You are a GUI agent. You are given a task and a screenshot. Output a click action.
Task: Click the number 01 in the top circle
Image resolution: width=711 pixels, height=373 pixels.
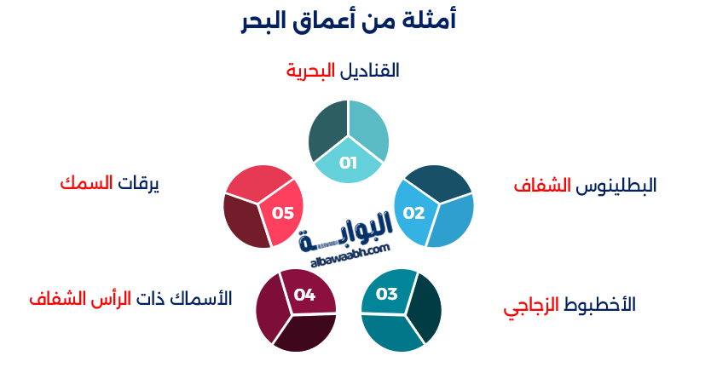348,163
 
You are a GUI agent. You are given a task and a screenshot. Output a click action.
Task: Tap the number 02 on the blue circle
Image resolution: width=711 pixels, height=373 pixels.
413,212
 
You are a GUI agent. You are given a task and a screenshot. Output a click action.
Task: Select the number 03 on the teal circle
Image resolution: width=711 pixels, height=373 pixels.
386,294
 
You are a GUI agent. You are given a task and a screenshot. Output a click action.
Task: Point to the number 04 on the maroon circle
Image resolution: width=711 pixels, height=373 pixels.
304,295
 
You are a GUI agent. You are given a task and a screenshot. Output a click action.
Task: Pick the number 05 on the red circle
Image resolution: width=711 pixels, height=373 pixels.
282,213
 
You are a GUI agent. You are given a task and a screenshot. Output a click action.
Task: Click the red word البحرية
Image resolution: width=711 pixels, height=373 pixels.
311,71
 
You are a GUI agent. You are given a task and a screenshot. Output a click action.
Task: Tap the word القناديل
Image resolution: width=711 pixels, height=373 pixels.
370,71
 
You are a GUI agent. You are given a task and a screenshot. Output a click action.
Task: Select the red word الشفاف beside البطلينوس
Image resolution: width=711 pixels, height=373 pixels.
542,185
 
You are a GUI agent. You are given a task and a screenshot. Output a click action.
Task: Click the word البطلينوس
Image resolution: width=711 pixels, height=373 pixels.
616,185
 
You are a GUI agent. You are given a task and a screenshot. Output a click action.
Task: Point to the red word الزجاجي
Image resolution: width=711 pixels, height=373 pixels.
531,305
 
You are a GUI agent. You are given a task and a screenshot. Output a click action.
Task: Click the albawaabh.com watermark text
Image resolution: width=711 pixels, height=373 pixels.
344,248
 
